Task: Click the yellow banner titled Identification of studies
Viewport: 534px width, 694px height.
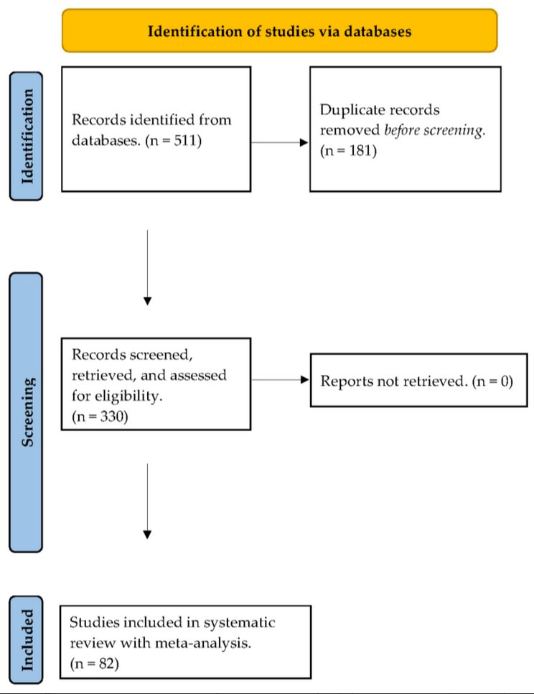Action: (x=279, y=31)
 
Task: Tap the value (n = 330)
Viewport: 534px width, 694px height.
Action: (x=100, y=416)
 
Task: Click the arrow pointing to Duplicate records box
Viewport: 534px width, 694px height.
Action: (x=280, y=142)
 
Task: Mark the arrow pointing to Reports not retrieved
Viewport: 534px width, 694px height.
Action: (x=280, y=381)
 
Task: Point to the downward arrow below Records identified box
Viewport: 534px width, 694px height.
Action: (x=147, y=267)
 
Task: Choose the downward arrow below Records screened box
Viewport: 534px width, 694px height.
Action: (x=147, y=499)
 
